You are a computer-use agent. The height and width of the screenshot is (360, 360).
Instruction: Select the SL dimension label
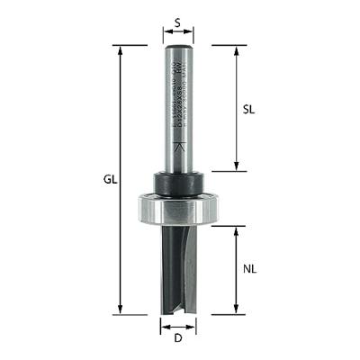[251, 106]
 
